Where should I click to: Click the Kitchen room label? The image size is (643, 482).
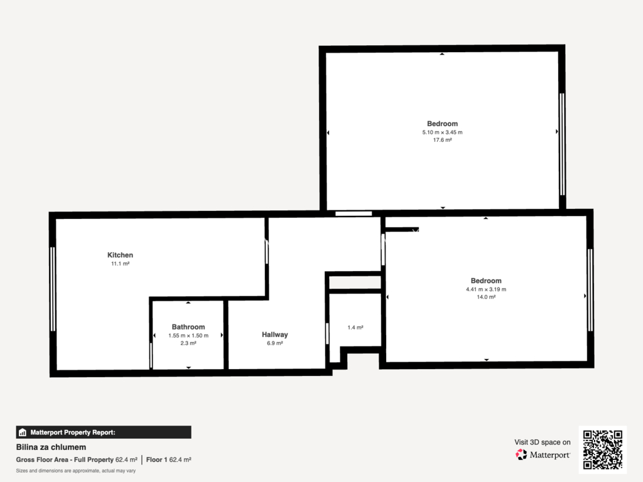[120, 255]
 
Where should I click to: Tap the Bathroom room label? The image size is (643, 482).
[188, 326]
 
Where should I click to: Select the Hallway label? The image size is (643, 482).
[275, 335]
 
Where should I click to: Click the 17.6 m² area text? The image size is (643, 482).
[443, 140]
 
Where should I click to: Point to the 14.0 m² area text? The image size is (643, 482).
[486, 297]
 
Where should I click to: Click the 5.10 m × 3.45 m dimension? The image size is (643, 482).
[443, 132]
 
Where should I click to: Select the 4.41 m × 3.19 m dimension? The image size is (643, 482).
[486, 289]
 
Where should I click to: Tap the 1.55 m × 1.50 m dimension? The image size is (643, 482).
[188, 335]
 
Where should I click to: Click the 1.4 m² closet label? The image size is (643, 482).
[355, 327]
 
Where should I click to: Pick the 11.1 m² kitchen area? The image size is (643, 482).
[120, 264]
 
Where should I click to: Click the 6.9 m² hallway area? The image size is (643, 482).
[275, 343]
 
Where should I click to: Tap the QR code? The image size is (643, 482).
[602, 449]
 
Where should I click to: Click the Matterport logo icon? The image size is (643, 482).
[521, 454]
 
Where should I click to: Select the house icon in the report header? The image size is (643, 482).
[23, 432]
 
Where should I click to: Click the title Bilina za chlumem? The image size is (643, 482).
[51, 447]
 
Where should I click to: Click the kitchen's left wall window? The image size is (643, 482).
[53, 289]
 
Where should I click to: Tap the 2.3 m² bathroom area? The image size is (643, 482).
[188, 343]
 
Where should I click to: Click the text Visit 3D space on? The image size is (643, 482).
[542, 442]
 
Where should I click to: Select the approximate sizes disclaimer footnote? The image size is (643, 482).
[76, 471]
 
